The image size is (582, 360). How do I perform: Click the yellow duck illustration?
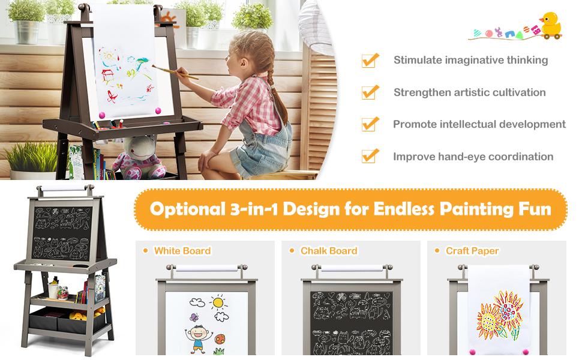550,25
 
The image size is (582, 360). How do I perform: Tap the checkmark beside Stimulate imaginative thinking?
370,60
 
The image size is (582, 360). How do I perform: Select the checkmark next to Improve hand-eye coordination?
370,156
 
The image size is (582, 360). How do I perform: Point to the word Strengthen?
420,92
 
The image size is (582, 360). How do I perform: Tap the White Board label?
182,251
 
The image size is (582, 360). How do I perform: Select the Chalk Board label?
329,251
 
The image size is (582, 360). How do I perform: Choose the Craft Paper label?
472,251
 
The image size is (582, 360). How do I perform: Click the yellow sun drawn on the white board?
218,300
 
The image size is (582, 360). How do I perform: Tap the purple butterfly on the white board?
194,317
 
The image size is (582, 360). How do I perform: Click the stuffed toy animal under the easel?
137,157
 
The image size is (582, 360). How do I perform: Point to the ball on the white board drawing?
220,339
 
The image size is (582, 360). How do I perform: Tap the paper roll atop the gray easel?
64,188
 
